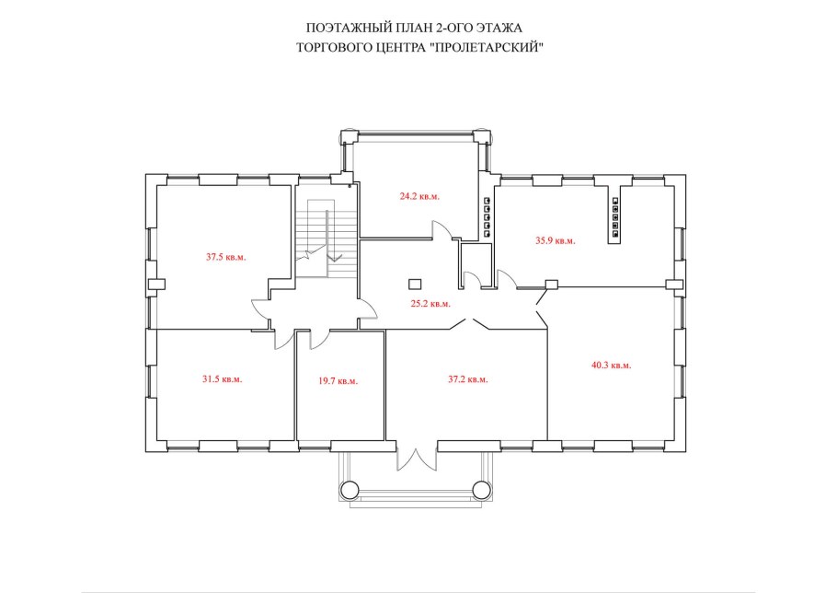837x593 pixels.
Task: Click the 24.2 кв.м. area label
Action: (x=419, y=196)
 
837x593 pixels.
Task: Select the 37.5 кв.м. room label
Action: (x=225, y=257)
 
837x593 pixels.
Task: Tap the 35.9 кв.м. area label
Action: (x=556, y=241)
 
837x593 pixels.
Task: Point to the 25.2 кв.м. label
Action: (x=430, y=304)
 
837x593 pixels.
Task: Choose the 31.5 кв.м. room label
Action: (x=222, y=379)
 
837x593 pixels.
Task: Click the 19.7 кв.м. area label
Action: (x=338, y=381)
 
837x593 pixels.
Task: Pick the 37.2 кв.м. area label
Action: (x=467, y=379)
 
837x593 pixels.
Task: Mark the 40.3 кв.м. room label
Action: (x=612, y=366)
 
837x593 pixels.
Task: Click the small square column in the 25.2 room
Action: (x=414, y=284)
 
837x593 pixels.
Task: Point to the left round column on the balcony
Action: (x=350, y=489)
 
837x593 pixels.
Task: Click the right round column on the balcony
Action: (x=481, y=489)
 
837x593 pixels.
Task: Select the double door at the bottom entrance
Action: (x=417, y=456)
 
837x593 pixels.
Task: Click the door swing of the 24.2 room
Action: (x=442, y=230)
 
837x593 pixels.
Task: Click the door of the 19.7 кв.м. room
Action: (x=318, y=339)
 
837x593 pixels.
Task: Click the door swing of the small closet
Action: (x=471, y=279)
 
